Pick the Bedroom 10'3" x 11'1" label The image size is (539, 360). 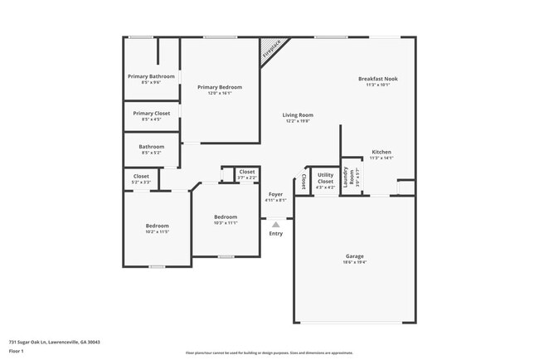[x=226, y=219]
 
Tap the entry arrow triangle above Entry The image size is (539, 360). [x=276, y=224]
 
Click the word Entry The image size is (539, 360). [x=276, y=233]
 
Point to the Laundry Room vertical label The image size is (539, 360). [x=352, y=176]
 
